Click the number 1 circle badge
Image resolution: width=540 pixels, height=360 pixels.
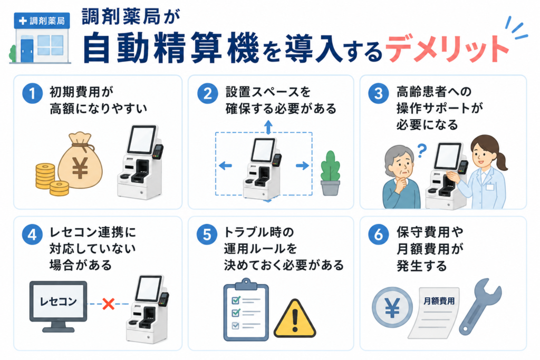click(x=32, y=93)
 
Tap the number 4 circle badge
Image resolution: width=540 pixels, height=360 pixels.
click(x=32, y=235)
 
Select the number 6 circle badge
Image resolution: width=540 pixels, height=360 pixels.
click(x=379, y=235)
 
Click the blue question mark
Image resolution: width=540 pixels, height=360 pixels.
click(x=422, y=150)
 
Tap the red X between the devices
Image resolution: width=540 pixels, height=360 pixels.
click(x=109, y=304)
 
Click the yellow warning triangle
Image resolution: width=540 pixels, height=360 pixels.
click(x=294, y=319)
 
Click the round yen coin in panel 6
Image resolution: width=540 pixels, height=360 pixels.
click(x=392, y=307)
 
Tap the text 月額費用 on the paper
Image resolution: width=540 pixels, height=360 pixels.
click(x=439, y=301)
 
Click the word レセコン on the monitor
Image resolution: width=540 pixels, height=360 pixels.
click(x=58, y=301)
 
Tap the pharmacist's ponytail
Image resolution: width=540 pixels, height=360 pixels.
click(x=501, y=160)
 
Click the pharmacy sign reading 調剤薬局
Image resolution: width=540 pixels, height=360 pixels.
click(x=42, y=21)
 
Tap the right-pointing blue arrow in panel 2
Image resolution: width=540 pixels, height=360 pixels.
click(x=302, y=166)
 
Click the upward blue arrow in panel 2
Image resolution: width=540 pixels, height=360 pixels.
click(x=268, y=127)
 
